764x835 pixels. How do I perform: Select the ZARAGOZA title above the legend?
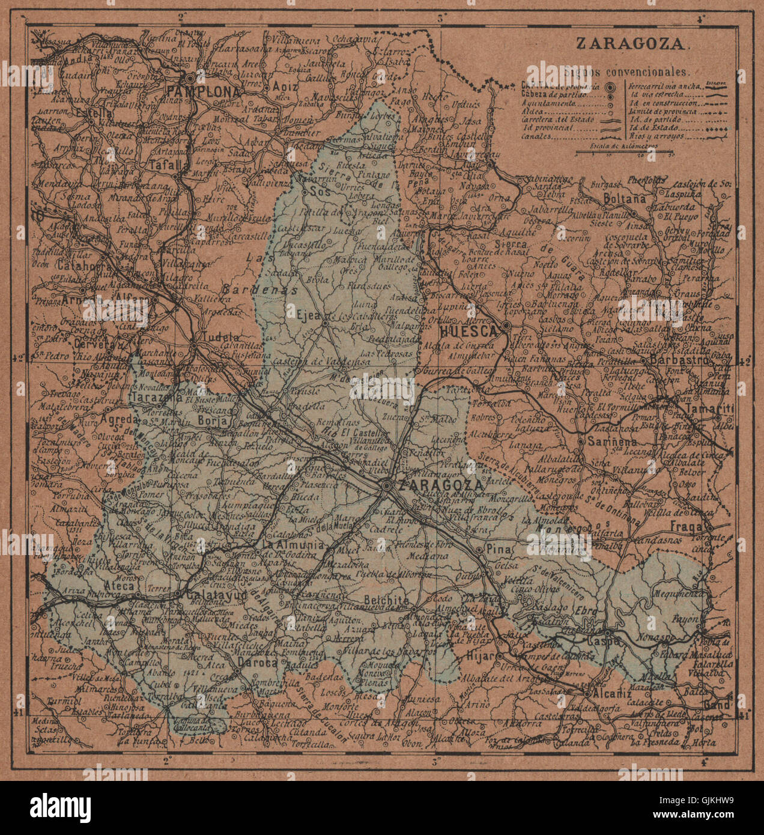(630, 43)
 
